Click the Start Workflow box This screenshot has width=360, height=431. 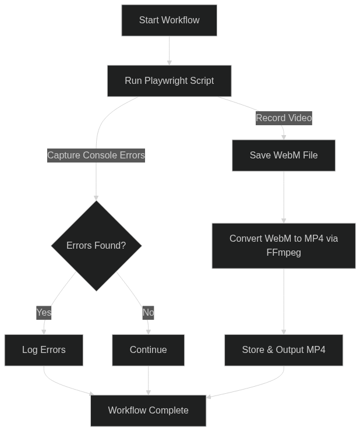pos(169,20)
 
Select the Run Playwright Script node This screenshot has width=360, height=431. pos(169,81)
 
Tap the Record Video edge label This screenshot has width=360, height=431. pos(284,118)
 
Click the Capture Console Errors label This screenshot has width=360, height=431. pos(96,156)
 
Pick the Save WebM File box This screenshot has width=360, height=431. pos(284,156)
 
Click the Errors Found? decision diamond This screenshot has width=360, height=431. pos(96,246)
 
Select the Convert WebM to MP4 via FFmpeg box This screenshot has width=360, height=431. pos(284,246)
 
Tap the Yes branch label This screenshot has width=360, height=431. pos(44,313)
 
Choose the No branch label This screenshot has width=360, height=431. pos(149,313)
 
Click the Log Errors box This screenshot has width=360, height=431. pos(44,350)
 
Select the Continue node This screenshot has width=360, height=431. pos(149,350)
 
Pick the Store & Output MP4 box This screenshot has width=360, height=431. pos(284,350)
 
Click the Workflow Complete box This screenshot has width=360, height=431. pos(149,411)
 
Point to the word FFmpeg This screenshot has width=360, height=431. pos(284,253)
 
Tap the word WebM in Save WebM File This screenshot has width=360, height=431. pos(287,156)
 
